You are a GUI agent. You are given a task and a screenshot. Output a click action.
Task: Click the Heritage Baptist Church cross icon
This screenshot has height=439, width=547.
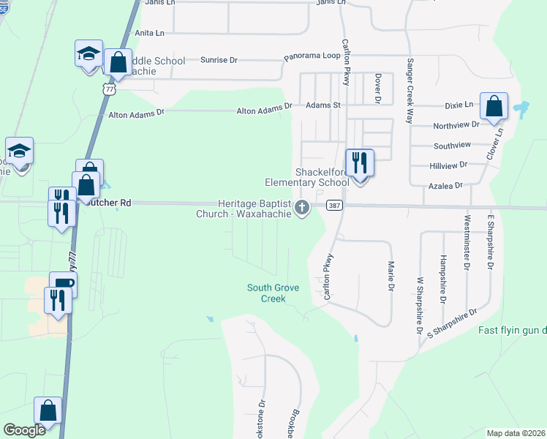301,209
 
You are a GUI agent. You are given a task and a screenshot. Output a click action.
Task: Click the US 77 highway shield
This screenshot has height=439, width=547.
109,89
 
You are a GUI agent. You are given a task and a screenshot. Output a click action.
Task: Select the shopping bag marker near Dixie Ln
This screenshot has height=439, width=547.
494,106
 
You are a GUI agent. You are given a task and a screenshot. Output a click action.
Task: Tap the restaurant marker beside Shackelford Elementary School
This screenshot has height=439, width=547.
358,162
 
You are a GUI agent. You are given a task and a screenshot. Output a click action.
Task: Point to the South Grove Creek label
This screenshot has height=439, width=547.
273,293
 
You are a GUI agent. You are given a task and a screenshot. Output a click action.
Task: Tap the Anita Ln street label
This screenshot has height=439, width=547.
150,33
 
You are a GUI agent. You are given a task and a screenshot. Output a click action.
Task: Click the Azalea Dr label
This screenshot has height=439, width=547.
448,186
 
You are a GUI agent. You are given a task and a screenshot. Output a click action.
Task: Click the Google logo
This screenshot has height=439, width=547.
25,430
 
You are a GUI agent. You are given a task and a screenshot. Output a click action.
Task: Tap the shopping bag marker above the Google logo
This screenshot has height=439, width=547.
48,412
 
